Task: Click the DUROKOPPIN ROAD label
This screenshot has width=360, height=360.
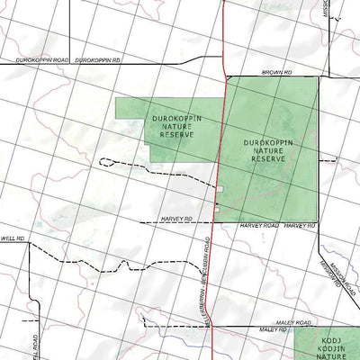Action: pyautogui.click(x=41, y=59)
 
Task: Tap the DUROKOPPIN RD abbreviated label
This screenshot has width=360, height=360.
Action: pyautogui.click(x=98, y=59)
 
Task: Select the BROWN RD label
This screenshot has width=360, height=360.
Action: pyautogui.click(x=277, y=70)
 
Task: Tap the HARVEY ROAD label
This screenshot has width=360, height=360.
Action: pyautogui.click(x=259, y=226)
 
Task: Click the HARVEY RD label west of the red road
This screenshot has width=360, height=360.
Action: pyautogui.click(x=177, y=219)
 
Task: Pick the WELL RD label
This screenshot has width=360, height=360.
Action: pyautogui.click(x=11, y=238)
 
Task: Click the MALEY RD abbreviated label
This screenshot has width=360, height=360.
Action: pyautogui.click(x=273, y=330)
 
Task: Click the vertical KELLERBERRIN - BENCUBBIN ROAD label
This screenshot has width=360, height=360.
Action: pyautogui.click(x=206, y=279)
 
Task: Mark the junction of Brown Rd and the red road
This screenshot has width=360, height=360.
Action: pyautogui.click(x=222, y=76)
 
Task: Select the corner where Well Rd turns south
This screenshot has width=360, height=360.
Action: pyautogui.click(x=30, y=243)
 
